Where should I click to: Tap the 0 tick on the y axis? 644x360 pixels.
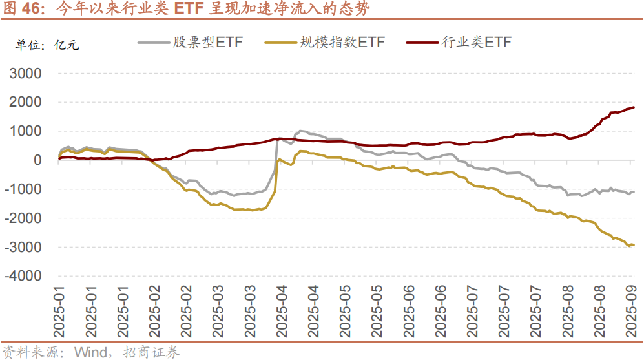pyautogui.click(x=37, y=160)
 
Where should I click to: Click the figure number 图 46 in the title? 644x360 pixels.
pyautogui.click(x=23, y=10)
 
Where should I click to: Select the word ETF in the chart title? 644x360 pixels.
pyautogui.click(x=194, y=10)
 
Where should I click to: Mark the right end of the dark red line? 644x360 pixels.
pyautogui.click(x=634, y=107)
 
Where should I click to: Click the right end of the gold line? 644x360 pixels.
pyautogui.click(x=634, y=245)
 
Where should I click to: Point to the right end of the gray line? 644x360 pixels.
pyautogui.click(x=634, y=192)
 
